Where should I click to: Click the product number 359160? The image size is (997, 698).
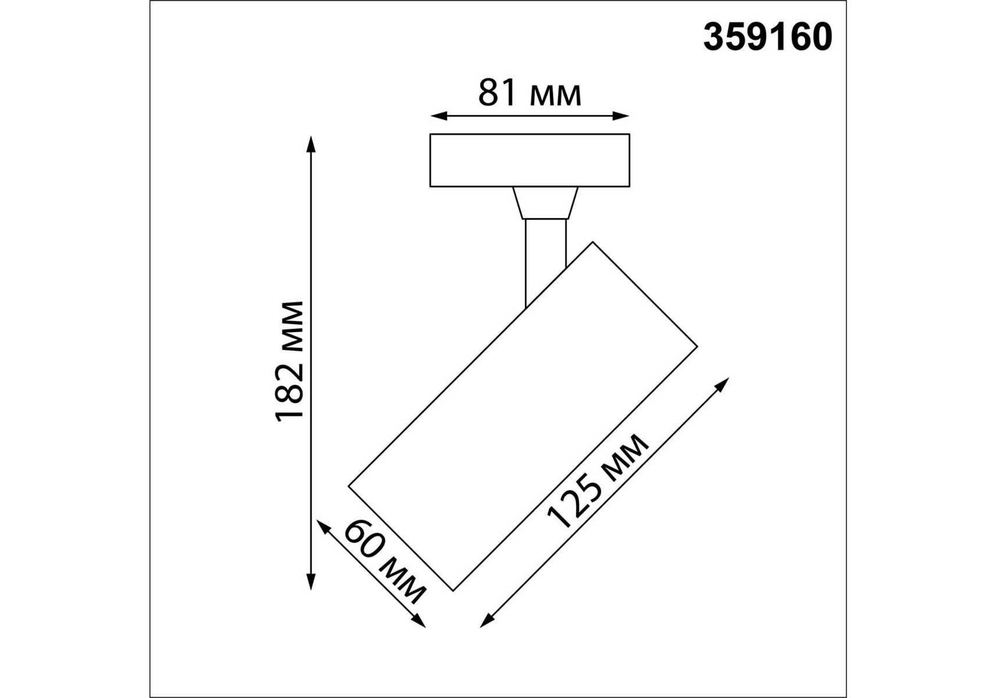click(767, 37)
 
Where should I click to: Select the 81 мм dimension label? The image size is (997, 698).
click(530, 93)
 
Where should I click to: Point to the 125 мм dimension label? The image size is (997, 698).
click(598, 482)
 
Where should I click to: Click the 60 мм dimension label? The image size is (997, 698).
click(385, 562)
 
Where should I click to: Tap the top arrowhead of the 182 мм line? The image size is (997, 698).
click(311, 144)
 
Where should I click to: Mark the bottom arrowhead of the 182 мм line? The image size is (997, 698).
click(311, 582)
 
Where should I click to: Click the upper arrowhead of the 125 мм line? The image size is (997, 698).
click(723, 384)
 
